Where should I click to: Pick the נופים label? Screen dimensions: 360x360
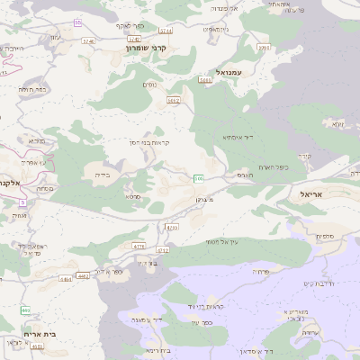[x=149, y=85]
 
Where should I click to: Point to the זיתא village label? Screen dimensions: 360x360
[x=337, y=123]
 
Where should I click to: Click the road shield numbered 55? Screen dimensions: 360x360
[x=78, y=22]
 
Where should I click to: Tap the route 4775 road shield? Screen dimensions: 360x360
[x=138, y=245]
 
